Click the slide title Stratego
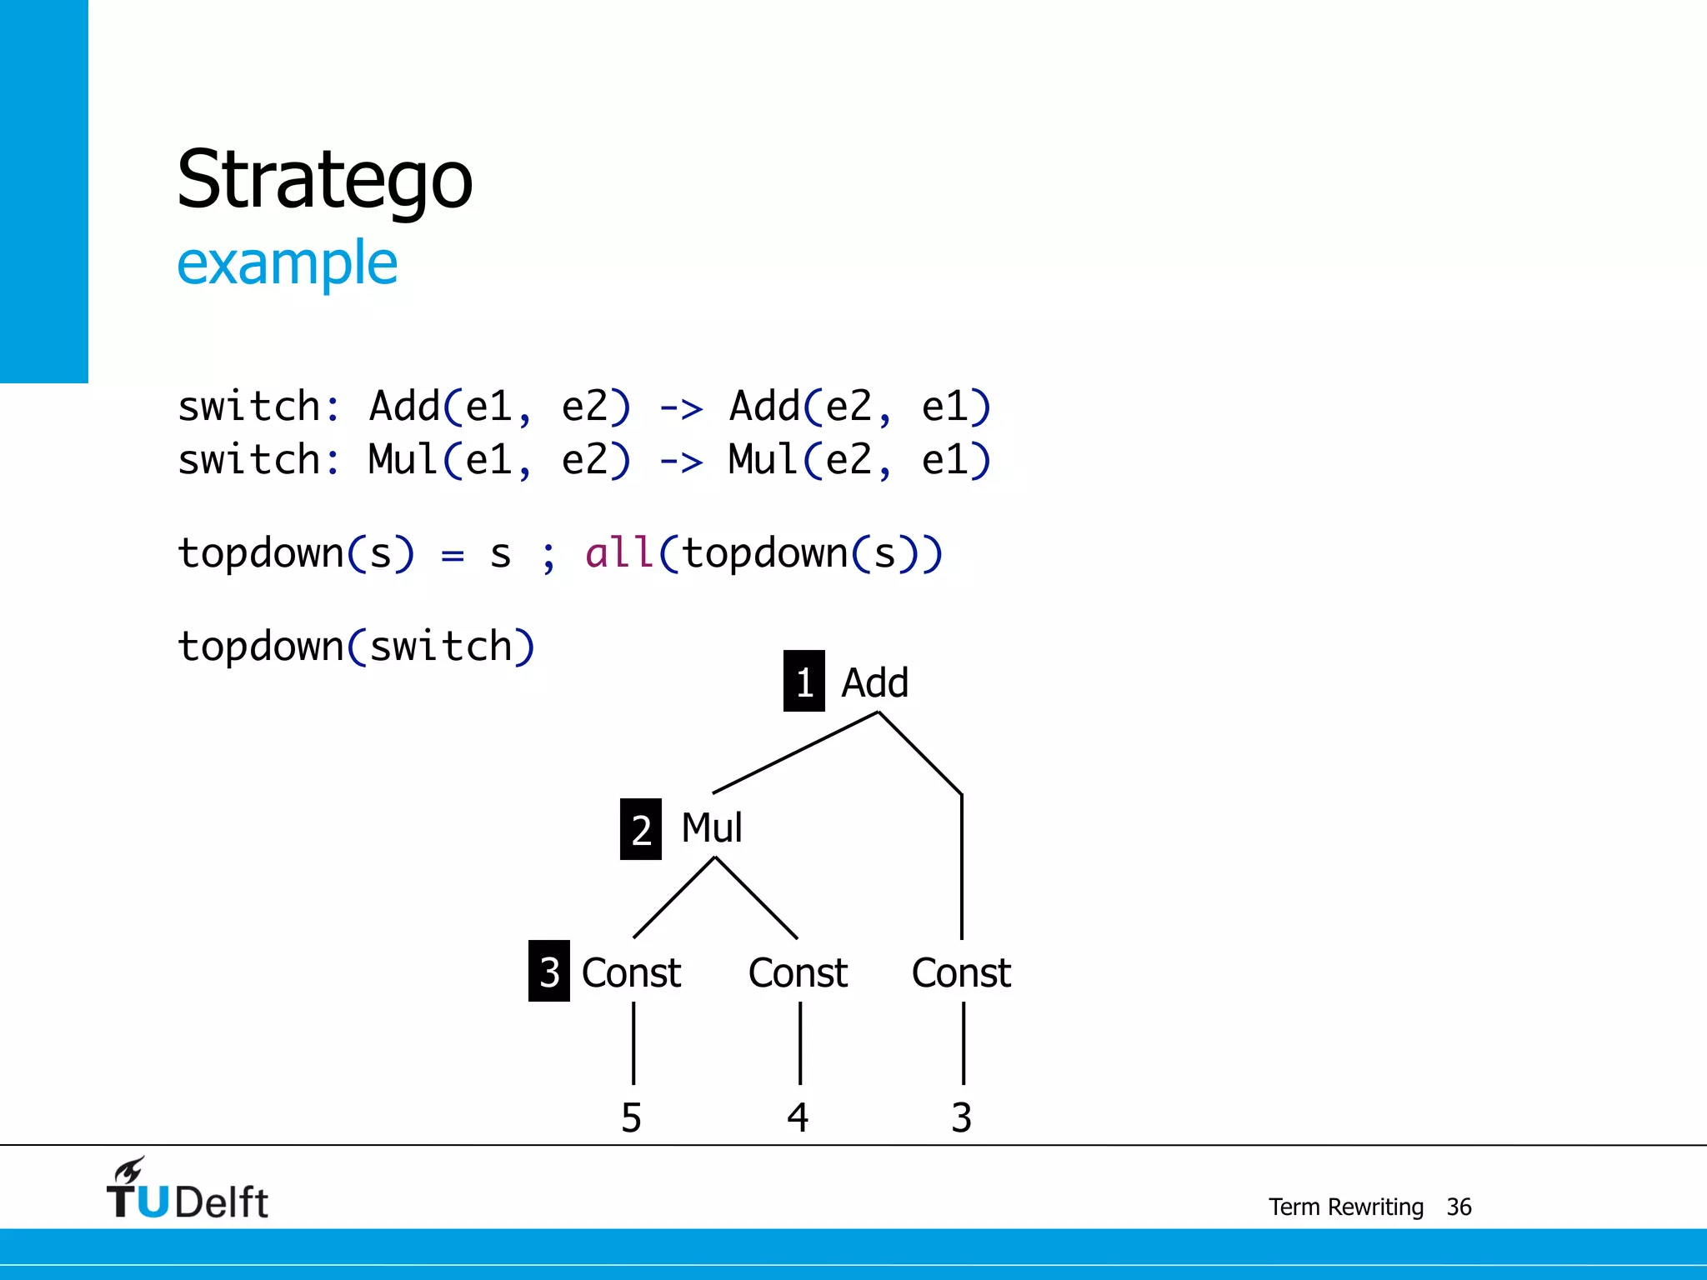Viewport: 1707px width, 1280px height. [x=324, y=179]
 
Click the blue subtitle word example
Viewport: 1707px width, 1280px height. [x=287, y=263]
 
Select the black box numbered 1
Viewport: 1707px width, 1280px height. [x=803, y=682]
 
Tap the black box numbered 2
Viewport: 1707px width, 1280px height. [x=640, y=829]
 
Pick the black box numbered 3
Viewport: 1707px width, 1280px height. [x=548, y=971]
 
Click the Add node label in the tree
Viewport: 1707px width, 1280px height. [x=874, y=682]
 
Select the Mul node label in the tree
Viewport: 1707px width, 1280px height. [x=711, y=827]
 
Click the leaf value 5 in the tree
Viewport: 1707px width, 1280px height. [x=631, y=1117]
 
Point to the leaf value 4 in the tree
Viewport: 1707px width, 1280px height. [x=798, y=1117]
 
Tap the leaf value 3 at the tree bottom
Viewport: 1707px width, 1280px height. [x=961, y=1117]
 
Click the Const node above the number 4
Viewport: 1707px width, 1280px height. [x=798, y=972]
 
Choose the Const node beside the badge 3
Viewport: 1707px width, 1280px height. [x=631, y=972]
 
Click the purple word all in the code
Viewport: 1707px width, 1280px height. [x=618, y=552]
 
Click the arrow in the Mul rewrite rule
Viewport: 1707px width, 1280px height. [x=681, y=461]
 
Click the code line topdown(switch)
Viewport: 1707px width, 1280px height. [x=356, y=647]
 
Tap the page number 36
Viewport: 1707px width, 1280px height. [x=1459, y=1207]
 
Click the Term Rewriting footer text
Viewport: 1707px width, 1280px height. [x=1345, y=1207]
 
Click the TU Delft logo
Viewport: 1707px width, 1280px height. [x=187, y=1190]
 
